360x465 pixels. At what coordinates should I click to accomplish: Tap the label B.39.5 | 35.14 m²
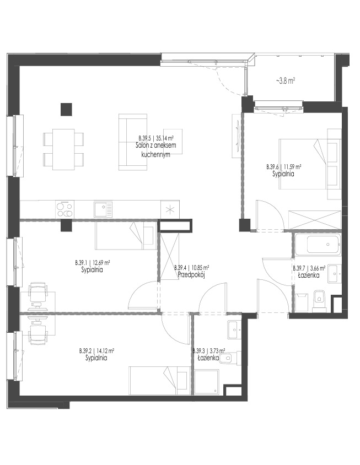(156, 138)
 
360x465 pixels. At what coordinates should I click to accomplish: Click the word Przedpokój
(191, 275)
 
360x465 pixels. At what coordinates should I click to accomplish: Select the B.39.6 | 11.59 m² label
(284, 167)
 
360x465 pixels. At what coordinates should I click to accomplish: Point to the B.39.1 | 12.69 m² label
(93, 263)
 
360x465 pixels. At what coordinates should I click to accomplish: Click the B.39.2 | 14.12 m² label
(96, 351)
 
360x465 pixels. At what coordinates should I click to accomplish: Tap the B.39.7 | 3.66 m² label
(309, 268)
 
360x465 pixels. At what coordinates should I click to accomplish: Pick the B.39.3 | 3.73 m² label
(208, 351)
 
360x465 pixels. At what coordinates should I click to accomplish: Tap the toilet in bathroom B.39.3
(227, 358)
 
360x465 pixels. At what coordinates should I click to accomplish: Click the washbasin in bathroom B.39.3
(235, 329)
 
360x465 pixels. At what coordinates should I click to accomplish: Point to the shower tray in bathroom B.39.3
(206, 382)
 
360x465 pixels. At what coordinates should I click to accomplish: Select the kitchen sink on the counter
(103, 209)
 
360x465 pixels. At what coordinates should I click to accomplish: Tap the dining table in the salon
(63, 149)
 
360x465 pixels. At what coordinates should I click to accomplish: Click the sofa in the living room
(133, 142)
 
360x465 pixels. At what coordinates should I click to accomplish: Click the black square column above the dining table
(66, 109)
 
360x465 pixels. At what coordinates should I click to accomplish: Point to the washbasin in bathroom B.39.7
(335, 273)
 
